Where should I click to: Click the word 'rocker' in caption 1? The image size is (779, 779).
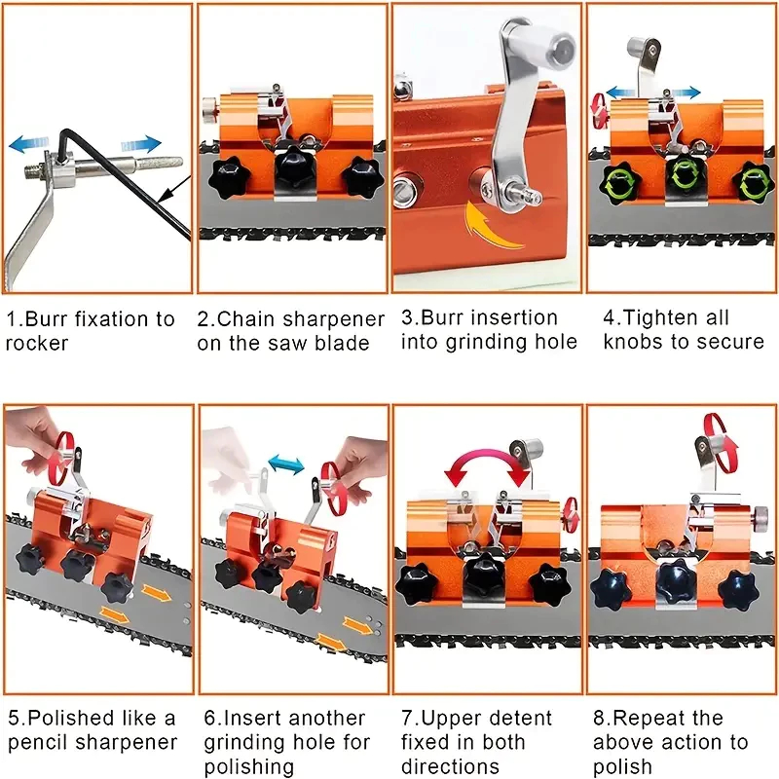coord(37,344)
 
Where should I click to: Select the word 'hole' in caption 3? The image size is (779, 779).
coord(553,342)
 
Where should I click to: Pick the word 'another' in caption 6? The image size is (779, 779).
coord(326,719)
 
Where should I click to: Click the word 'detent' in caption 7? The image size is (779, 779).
coord(519,719)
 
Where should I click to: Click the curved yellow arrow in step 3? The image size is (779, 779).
coord(492,228)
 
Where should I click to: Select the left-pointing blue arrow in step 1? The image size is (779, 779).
coord(28,144)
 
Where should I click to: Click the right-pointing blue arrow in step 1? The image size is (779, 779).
coord(141,144)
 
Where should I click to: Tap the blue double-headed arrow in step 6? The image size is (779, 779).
coord(286,464)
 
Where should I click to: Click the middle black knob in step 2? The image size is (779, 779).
coord(296,168)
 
